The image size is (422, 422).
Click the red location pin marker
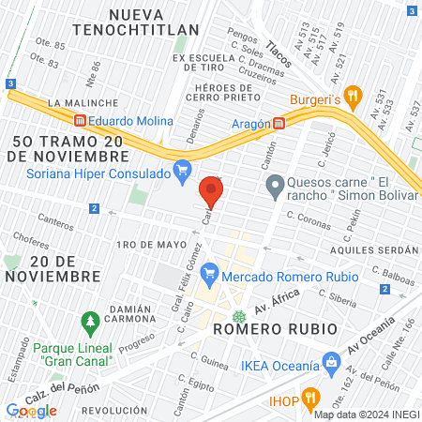211,193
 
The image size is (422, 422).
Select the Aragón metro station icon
279,123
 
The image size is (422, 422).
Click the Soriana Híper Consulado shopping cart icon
183,170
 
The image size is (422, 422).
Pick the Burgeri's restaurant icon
353,94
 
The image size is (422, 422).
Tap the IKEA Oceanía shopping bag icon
330,361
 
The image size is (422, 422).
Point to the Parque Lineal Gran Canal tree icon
90,323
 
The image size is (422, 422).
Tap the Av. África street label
276,303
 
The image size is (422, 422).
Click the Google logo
31,410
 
